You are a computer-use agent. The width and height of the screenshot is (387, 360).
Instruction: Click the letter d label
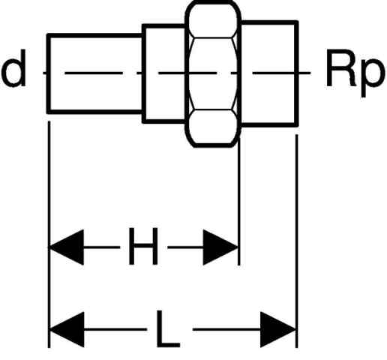pyautogui.click(x=14, y=68)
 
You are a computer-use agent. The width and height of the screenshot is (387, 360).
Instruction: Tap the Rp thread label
pyautogui.click(x=354, y=72)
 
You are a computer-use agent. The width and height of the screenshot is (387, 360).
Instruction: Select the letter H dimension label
pyautogui.click(x=143, y=246)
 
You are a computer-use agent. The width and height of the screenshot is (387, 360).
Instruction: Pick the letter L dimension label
pyautogui.click(x=168, y=328)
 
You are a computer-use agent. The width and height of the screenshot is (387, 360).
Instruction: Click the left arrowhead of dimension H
pyautogui.click(x=67, y=247)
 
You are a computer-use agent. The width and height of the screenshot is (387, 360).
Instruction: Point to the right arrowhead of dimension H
pyautogui.click(x=220, y=247)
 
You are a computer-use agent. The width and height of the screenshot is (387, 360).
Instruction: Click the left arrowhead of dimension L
pyautogui.click(x=67, y=329)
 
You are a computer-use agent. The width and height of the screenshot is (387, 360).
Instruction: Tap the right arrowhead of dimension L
pyautogui.click(x=278, y=329)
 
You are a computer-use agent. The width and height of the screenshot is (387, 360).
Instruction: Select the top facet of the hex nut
pyautogui.click(x=213, y=20)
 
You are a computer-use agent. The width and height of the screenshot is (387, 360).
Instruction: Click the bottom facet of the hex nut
pyautogui.click(x=213, y=127)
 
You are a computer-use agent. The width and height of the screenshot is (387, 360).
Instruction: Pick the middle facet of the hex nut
pyautogui.click(x=213, y=73)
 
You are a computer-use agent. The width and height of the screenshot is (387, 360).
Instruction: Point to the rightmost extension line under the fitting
pyautogui.click(x=297, y=241)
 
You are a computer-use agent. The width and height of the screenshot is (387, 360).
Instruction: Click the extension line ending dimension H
pyautogui.click(x=239, y=201)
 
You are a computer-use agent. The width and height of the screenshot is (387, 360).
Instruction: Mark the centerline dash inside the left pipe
pyautogui.click(x=94, y=73)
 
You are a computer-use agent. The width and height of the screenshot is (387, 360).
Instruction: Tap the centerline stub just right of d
pyautogui.click(x=45, y=73)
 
